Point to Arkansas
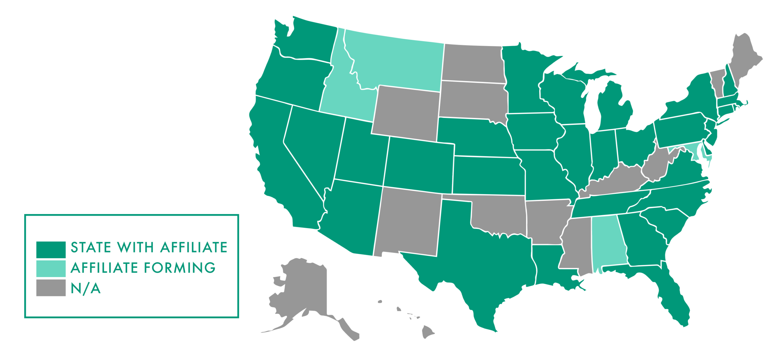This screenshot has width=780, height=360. click(x=545, y=221)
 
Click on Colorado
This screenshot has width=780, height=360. click(x=419, y=165)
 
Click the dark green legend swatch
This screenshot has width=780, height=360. click(x=51, y=249)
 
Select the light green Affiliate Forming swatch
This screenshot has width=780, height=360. click(x=51, y=268)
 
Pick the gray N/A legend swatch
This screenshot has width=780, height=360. click(x=51, y=287)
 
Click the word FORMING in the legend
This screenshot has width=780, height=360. click(x=179, y=268)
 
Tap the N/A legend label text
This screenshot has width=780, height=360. click(x=86, y=288)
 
